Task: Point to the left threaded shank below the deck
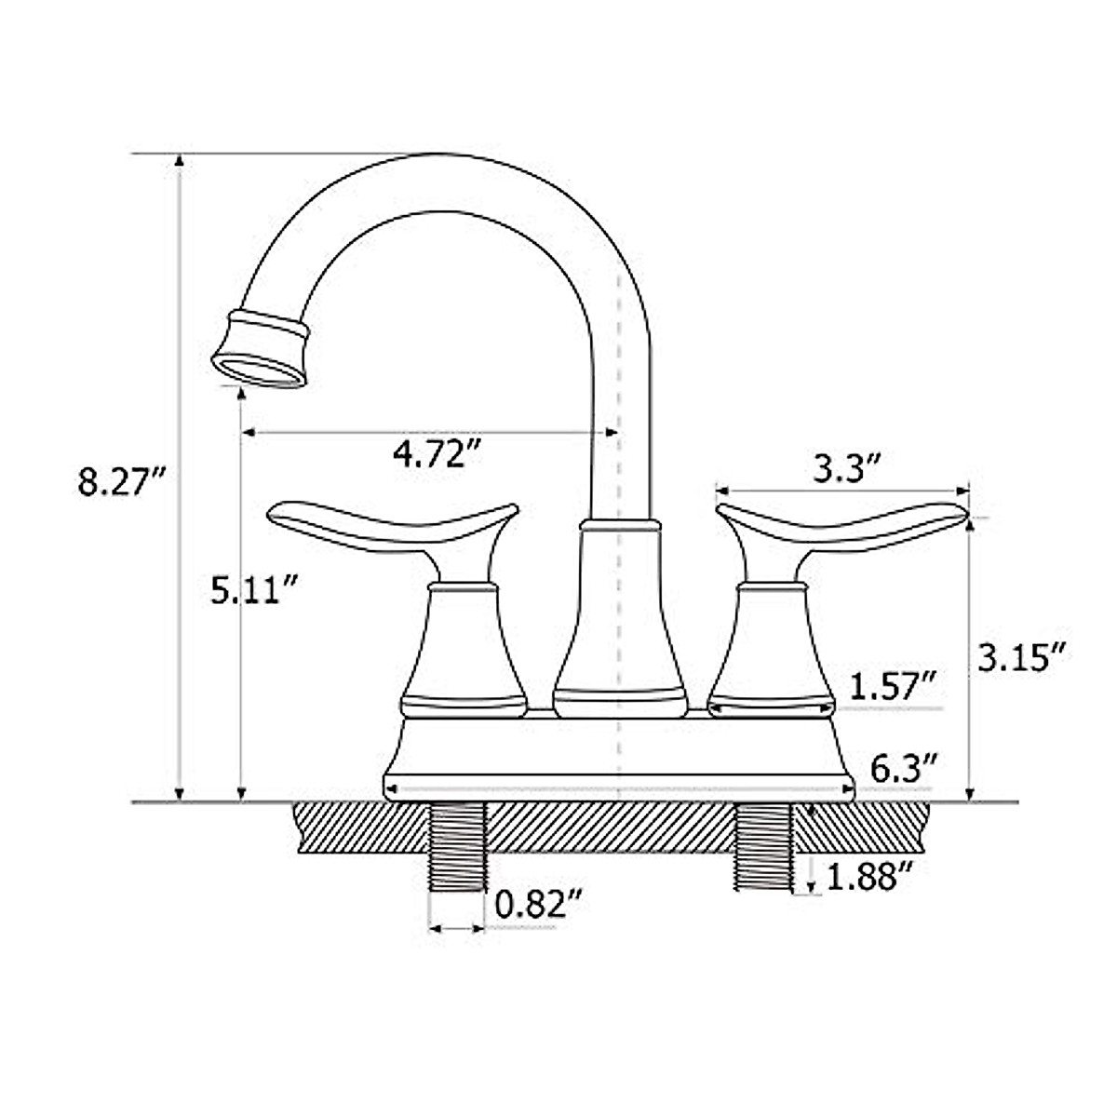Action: (457, 848)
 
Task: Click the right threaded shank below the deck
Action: (763, 848)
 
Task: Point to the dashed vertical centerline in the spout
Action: (618, 372)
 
